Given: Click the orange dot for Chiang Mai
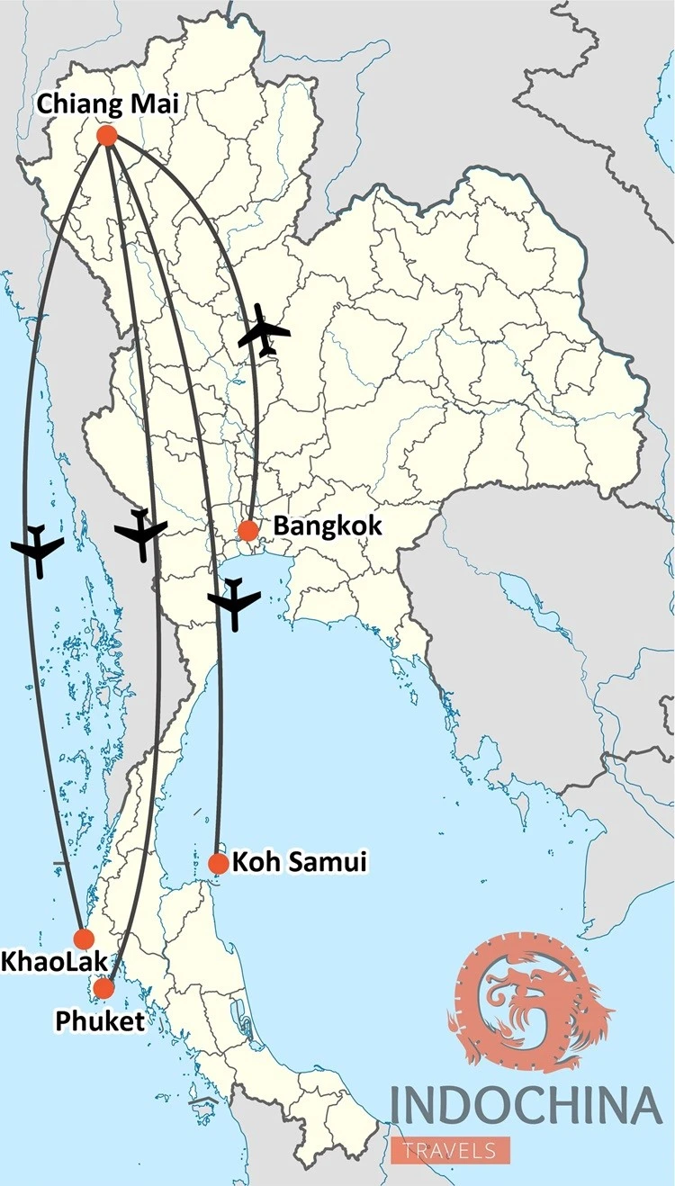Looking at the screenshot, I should (x=107, y=136).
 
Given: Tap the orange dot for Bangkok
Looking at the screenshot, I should (x=248, y=530).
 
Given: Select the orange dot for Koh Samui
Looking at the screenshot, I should (x=218, y=864).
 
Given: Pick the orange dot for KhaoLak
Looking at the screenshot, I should (x=84, y=939).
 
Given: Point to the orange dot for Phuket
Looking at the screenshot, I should (x=103, y=988).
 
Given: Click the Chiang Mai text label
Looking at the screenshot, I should (x=107, y=104).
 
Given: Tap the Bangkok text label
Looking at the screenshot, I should (x=328, y=526).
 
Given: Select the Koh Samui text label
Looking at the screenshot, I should (x=300, y=862).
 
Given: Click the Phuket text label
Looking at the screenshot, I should (x=99, y=1020).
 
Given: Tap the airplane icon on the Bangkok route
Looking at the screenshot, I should (x=263, y=331).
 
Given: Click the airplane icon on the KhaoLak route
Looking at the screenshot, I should (x=38, y=549).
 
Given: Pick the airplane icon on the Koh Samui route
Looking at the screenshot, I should (x=234, y=603).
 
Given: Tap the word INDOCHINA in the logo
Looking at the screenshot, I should (x=526, y=1107).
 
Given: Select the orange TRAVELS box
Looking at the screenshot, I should (x=450, y=1150).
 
